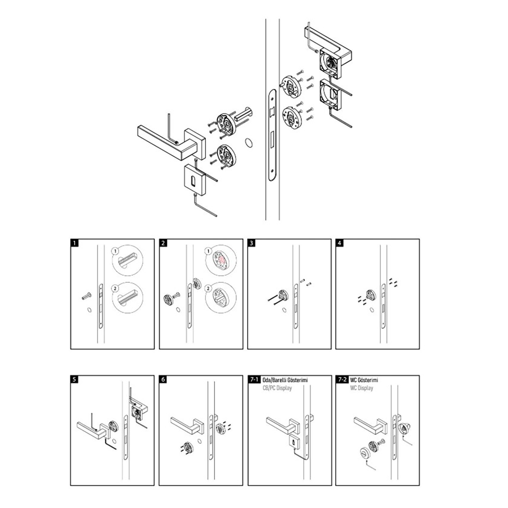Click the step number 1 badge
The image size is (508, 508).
pyautogui.click(x=75, y=243)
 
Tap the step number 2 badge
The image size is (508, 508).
pyautogui.click(x=163, y=243)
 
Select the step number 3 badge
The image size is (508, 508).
pyautogui.click(x=251, y=243)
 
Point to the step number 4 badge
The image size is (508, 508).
pyautogui.click(x=340, y=243)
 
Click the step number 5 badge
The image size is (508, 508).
pyautogui.click(x=75, y=379)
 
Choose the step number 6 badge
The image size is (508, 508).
pyautogui.click(x=163, y=379)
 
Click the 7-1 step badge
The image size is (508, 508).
pyautogui.click(x=254, y=379)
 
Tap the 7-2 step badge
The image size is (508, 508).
pyautogui.click(x=342, y=379)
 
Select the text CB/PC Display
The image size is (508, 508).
pyautogui.click(x=277, y=388)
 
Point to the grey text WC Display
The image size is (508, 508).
pyautogui.click(x=362, y=388)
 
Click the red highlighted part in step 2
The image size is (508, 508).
pyautogui.click(x=222, y=260)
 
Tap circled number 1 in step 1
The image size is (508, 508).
pyautogui.click(x=115, y=251)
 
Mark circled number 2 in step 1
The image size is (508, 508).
pyautogui.click(x=115, y=289)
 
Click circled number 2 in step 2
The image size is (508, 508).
pyautogui.click(x=208, y=289)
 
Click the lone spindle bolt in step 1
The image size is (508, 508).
pyautogui.click(x=86, y=296)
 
